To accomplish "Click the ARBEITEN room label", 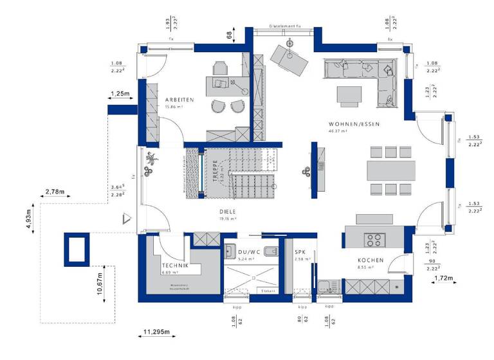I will click(179, 100).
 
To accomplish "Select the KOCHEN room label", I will click(370, 260).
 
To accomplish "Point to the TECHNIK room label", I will click(175, 265).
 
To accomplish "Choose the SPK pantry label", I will click(300, 252).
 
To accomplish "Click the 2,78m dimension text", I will click(55, 192).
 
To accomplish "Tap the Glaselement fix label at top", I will click(285, 27).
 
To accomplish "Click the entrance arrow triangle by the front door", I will click(127, 219).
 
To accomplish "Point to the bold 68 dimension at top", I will click(228, 36).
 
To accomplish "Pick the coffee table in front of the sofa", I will click(350, 94).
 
